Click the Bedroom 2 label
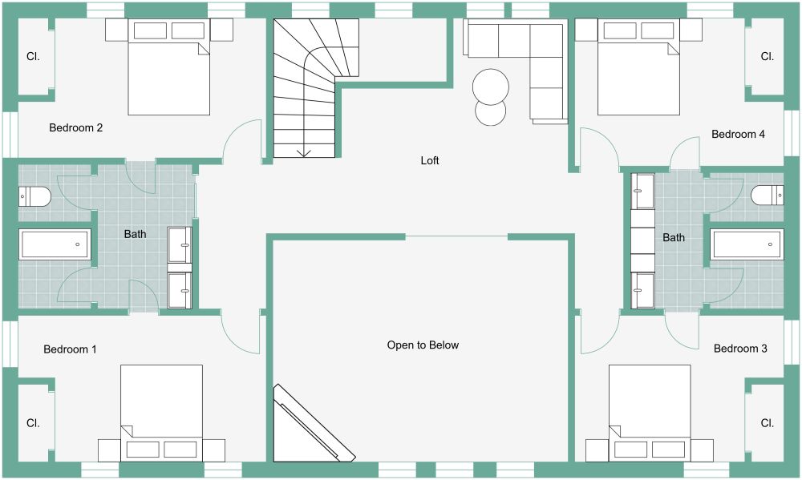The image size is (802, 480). (75, 127)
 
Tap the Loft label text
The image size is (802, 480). (430, 160)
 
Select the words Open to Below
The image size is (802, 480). (423, 345)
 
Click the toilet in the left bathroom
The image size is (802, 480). (34, 196)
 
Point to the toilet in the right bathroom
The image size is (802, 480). (768, 195)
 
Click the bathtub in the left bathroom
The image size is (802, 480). (55, 244)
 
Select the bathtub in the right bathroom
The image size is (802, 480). (747, 244)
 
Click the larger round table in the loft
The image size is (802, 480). (491, 87)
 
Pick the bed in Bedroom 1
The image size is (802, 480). (162, 413)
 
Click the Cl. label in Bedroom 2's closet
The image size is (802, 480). (33, 57)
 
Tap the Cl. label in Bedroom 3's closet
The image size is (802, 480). (768, 423)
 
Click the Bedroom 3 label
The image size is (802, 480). (740, 349)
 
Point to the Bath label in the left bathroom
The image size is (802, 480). (135, 234)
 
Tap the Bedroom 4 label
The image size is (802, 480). (738, 135)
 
